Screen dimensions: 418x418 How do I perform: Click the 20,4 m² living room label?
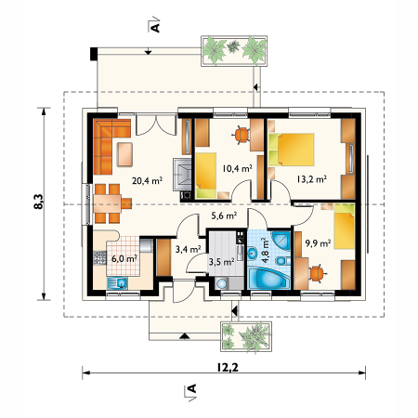click(147, 180)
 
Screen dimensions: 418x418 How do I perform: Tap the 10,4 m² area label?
click(237, 168)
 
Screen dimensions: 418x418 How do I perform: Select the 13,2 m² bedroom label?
click(312, 179)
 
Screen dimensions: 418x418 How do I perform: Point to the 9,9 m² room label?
click(318, 243)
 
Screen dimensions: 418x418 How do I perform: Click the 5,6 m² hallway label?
click(224, 216)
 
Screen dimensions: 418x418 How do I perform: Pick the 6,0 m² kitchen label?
click(124, 258)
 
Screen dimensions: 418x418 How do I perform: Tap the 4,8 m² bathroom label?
click(265, 251)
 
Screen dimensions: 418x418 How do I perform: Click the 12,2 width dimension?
click(228, 367)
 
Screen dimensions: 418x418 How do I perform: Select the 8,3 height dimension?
click(39, 202)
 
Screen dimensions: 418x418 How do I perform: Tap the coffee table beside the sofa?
click(124, 154)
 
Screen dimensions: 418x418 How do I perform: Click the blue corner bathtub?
click(269, 279)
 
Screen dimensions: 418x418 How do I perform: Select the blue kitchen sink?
click(117, 283)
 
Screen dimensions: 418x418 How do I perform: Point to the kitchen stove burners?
click(99, 258)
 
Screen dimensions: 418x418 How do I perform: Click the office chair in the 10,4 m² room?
click(242, 135)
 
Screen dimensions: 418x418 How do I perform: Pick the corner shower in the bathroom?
click(281, 241)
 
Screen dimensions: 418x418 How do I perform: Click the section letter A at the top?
click(155, 27)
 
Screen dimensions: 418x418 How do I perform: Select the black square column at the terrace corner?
click(94, 54)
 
